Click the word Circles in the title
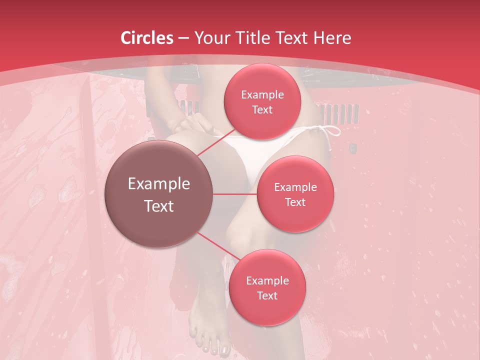[147, 38]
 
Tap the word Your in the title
[212, 38]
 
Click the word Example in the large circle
[159, 184]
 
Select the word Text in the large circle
[159, 206]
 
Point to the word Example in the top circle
[262, 95]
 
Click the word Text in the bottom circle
[267, 296]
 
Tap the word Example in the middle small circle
[295, 187]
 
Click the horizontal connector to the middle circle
[235, 194]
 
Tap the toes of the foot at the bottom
[212, 347]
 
